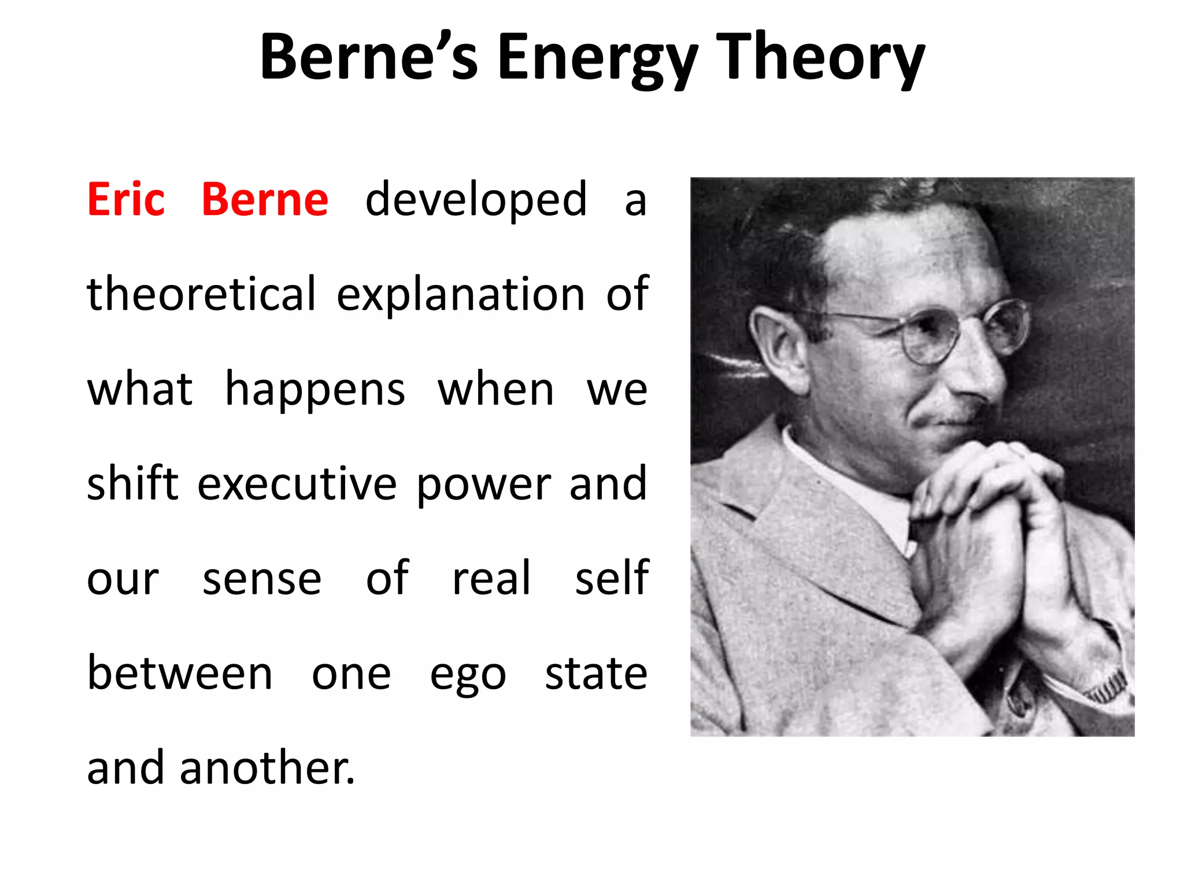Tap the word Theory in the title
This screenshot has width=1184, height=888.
820,58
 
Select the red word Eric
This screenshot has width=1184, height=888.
126,199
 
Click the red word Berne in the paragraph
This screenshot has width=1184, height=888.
265,199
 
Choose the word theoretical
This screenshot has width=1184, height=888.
202,294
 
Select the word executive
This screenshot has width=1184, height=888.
297,483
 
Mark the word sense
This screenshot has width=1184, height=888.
262,579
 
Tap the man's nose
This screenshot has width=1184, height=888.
977,370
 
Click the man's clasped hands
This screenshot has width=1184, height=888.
994,520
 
